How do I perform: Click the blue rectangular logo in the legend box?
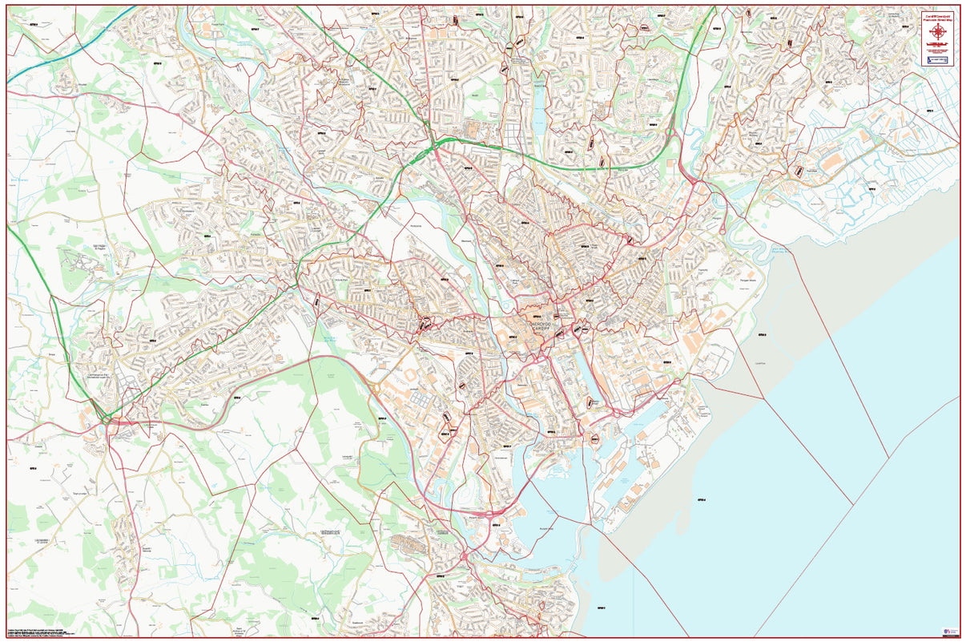pyautogui.click(x=936, y=59)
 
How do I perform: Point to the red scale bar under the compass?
pyautogui.click(x=936, y=46)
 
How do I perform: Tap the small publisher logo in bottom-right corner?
pyautogui.click(x=950, y=632)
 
